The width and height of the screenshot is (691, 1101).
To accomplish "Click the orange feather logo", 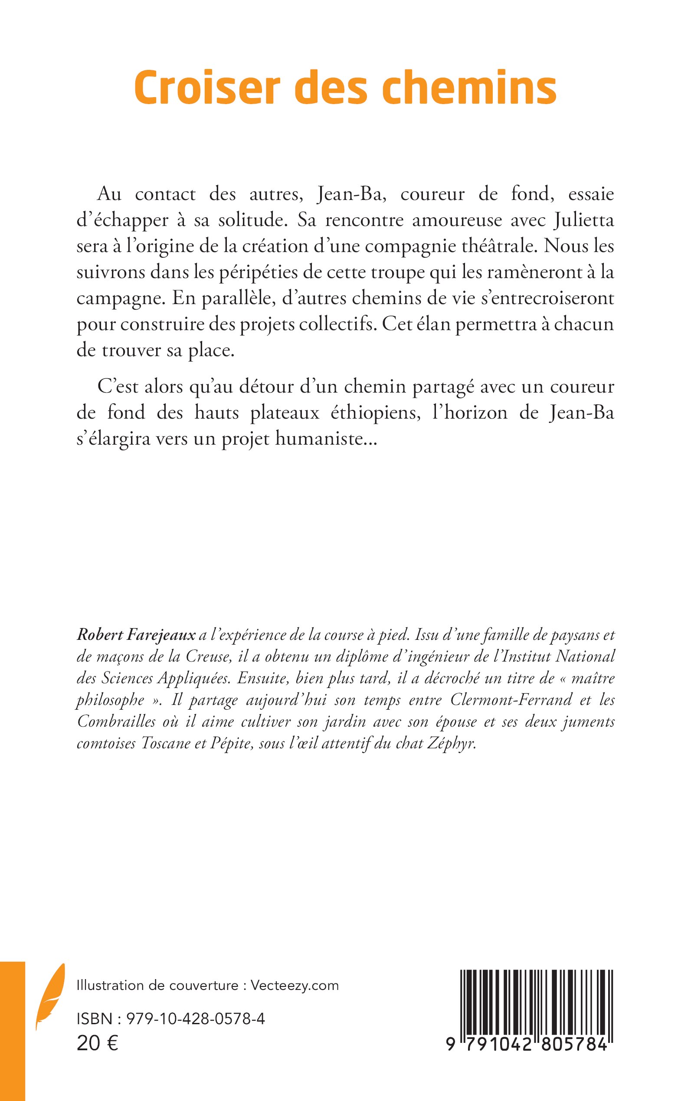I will point(50,988).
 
